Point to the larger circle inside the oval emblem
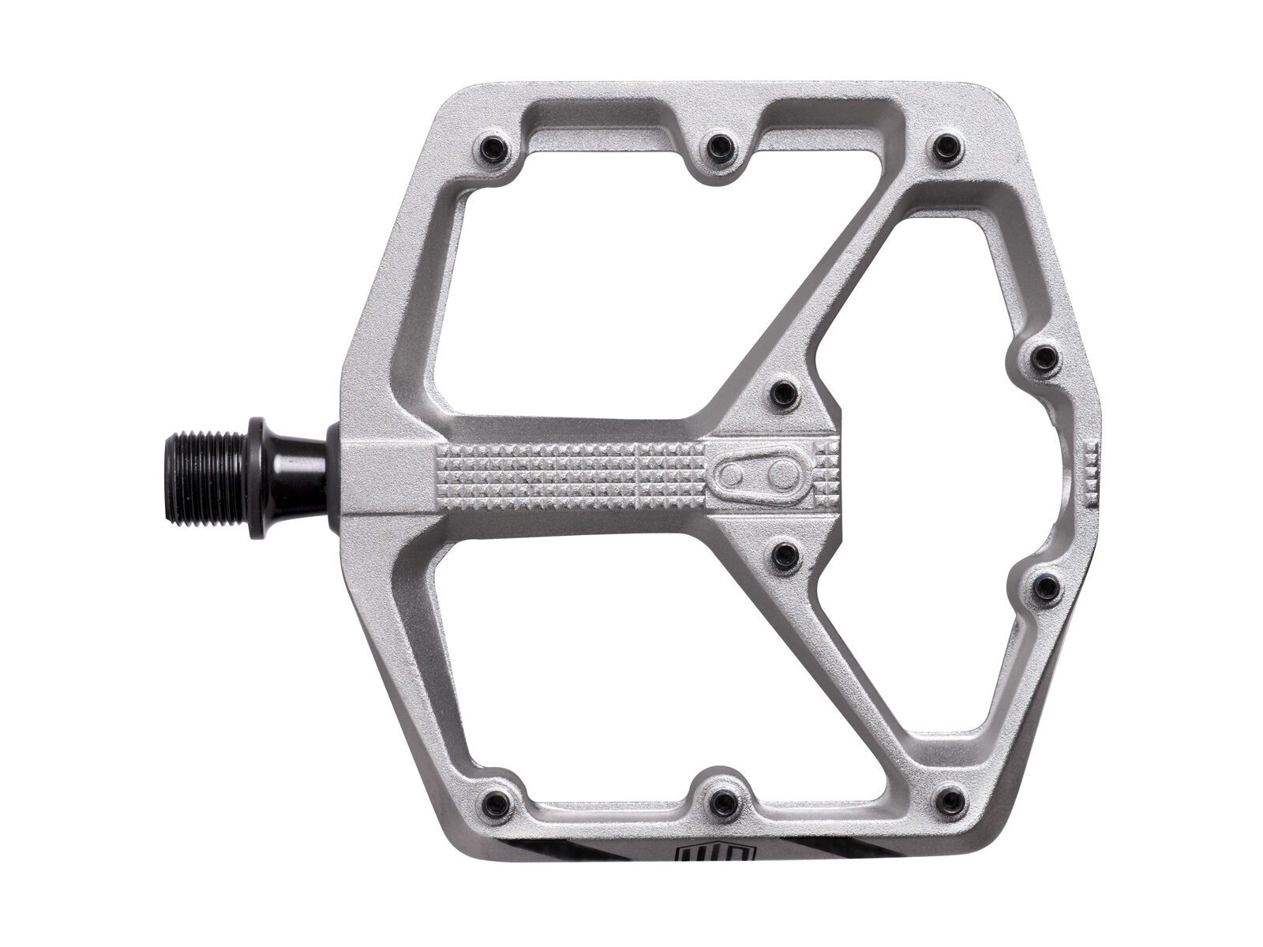click(783, 475)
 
